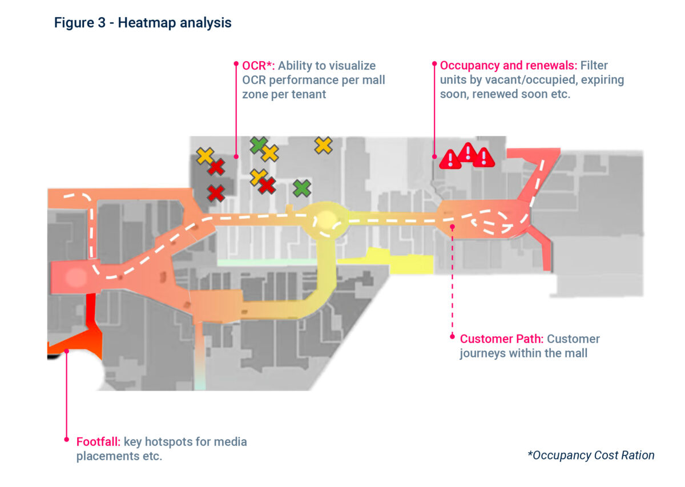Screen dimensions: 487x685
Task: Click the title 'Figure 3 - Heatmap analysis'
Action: pos(143,23)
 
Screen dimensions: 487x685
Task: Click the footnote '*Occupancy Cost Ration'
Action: pos(591,455)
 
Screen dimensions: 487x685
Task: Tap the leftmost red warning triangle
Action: pos(450,159)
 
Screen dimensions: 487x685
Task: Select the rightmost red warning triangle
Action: pos(484,157)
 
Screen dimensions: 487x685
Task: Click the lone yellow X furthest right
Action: pos(323,145)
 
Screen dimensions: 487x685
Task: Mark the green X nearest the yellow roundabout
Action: pos(302,187)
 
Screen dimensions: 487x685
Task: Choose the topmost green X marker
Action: pos(259,145)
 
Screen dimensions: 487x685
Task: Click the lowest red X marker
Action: pos(215,193)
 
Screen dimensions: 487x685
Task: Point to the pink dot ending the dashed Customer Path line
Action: pos(452,336)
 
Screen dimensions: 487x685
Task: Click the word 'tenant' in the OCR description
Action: pos(309,94)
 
